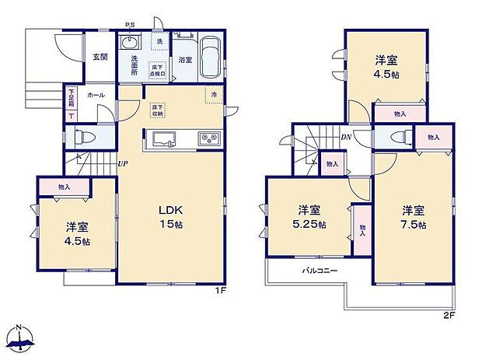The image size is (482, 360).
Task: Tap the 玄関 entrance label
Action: click(100, 56)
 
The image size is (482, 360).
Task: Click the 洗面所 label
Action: click(129, 63)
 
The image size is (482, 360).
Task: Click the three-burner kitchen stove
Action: click(210, 139)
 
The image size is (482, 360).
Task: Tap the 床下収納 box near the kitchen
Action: click(157, 110)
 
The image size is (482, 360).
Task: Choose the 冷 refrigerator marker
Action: click(213, 94)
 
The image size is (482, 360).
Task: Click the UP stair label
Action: click(123, 163)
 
